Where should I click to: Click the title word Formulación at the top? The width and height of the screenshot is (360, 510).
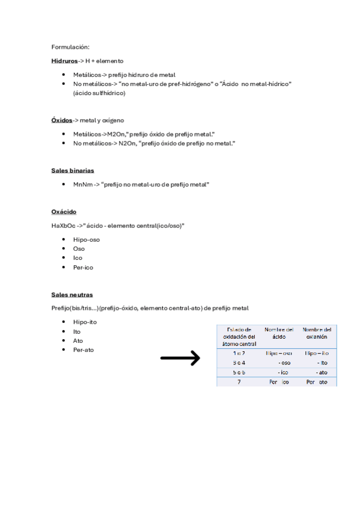70,46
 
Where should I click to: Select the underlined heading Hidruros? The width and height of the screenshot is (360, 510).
64,61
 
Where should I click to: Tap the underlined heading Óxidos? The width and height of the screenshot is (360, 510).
62,120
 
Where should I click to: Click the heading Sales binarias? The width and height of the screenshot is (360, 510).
72,170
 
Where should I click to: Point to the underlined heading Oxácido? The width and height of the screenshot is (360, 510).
64,212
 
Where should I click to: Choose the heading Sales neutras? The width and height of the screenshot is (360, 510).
72,295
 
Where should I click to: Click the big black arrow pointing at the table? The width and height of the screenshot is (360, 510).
180,359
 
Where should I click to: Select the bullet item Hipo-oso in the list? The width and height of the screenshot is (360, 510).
87,239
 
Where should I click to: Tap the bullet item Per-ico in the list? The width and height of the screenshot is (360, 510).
83,267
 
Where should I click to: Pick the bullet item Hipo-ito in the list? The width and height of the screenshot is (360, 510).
85,322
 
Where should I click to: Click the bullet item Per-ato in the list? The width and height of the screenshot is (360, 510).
83,349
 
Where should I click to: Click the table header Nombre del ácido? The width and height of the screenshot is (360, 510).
279,334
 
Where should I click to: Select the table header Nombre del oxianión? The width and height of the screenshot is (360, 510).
316,334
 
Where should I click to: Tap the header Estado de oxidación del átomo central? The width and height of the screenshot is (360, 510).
239,336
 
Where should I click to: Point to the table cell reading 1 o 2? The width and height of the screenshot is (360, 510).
239,354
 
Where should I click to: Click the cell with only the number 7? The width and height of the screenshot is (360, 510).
239,382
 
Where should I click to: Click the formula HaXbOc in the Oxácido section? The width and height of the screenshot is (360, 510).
64,226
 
